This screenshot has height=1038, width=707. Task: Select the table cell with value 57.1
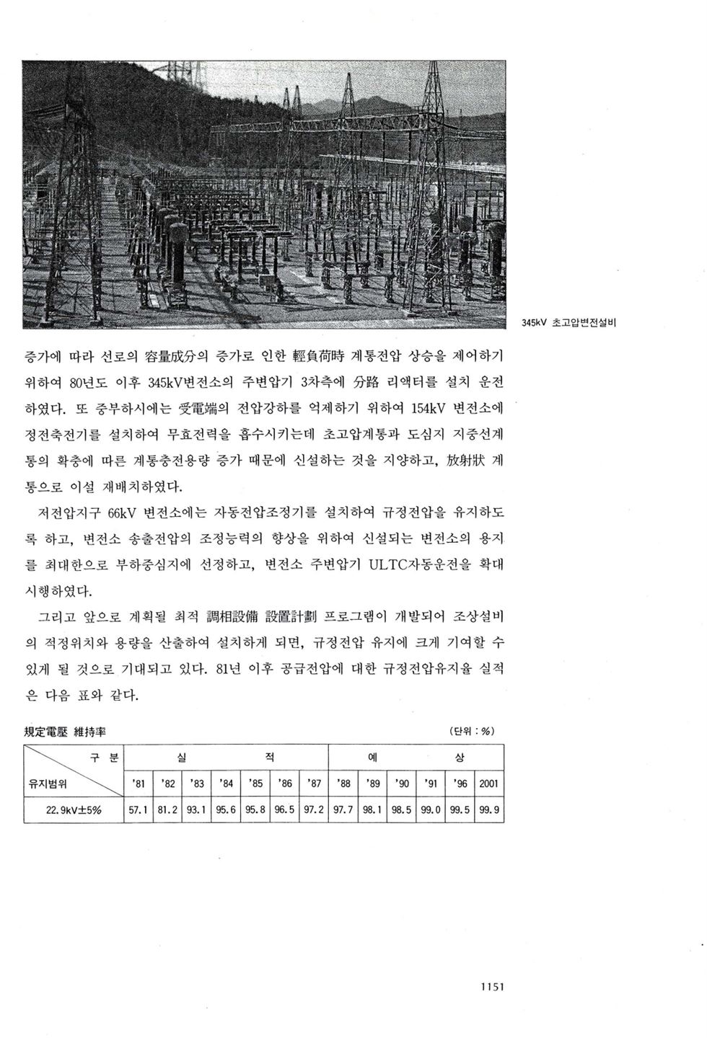(x=138, y=809)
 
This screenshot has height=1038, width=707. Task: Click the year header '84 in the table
(x=225, y=783)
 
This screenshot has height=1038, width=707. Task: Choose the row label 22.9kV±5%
(x=74, y=809)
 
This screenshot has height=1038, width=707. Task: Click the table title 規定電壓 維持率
(x=65, y=731)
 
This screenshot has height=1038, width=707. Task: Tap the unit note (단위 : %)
(x=471, y=731)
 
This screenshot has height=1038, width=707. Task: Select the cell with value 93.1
(x=196, y=809)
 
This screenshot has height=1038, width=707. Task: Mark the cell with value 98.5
(x=401, y=809)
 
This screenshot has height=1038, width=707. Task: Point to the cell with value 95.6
(x=226, y=809)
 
